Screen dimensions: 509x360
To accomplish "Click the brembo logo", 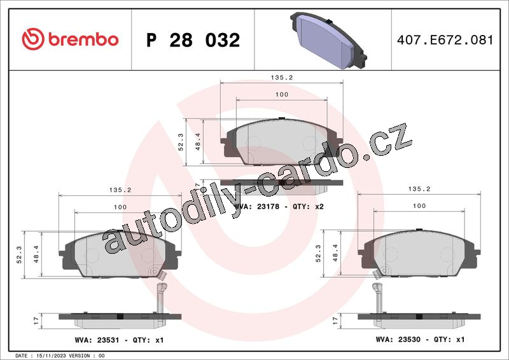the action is coord(70,39).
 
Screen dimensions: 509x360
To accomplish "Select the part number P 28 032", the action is coord(193,40).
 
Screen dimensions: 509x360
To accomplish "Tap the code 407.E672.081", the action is coord(445,40).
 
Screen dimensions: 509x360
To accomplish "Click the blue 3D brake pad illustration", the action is coord(328,40).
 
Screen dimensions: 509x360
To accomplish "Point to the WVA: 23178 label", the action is coord(257,207).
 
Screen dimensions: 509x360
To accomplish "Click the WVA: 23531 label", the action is coord(97,340).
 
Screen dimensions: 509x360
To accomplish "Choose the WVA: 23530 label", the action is coord(398,339).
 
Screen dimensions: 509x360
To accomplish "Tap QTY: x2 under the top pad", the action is coord(308,207).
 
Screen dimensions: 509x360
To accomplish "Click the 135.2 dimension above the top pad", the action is coord(282,78).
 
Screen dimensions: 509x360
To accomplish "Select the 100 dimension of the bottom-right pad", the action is coord(419,206).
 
